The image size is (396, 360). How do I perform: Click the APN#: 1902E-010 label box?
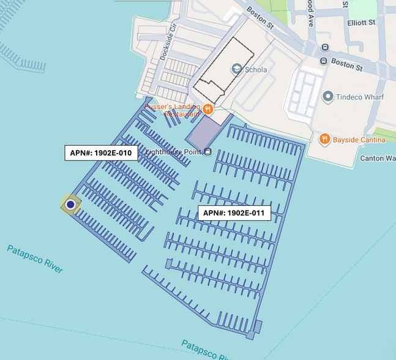[101, 152]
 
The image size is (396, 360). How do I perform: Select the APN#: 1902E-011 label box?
[234, 213]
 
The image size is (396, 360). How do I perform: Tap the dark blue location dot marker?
[70, 204]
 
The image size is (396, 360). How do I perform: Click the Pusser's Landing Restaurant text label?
[173, 110]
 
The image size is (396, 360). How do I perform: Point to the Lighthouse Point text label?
[174, 151]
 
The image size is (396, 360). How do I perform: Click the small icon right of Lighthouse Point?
[207, 151]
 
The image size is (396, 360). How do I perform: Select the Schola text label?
[256, 69]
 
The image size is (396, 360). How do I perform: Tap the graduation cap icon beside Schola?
[236, 69]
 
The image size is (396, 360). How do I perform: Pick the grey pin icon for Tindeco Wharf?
[328, 96]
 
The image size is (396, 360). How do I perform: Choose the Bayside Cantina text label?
[359, 140]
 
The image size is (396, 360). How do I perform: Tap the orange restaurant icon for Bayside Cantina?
[324, 140]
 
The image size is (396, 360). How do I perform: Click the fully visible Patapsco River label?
[35, 258]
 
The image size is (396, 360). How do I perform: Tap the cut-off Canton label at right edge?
[381, 159]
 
